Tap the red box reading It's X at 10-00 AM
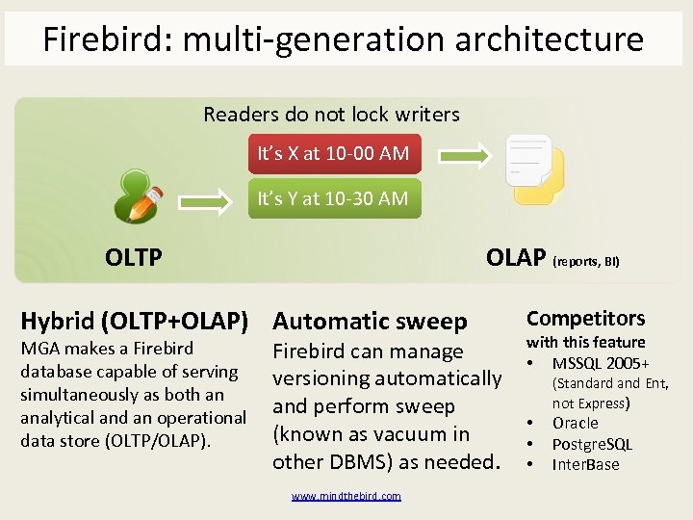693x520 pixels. click(333, 153)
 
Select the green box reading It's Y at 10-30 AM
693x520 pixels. click(333, 198)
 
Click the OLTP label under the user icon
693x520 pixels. click(133, 257)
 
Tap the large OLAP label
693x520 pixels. click(516, 257)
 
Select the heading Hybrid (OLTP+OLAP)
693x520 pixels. click(135, 320)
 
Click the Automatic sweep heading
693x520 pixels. click(370, 321)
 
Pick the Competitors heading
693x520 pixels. click(585, 319)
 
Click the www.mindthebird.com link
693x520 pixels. click(346, 496)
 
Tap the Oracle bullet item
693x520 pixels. click(575, 424)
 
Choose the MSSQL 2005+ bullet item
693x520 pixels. click(601, 363)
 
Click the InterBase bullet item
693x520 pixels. click(585, 465)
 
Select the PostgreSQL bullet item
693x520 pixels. click(592, 444)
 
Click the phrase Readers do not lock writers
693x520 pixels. click(331, 115)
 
